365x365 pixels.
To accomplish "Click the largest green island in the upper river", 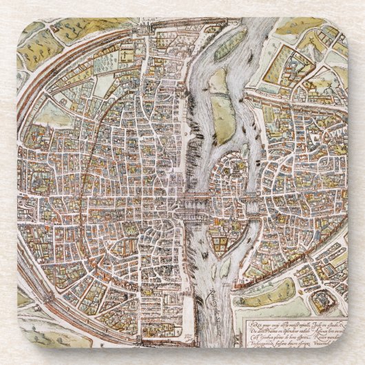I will [220, 110].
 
